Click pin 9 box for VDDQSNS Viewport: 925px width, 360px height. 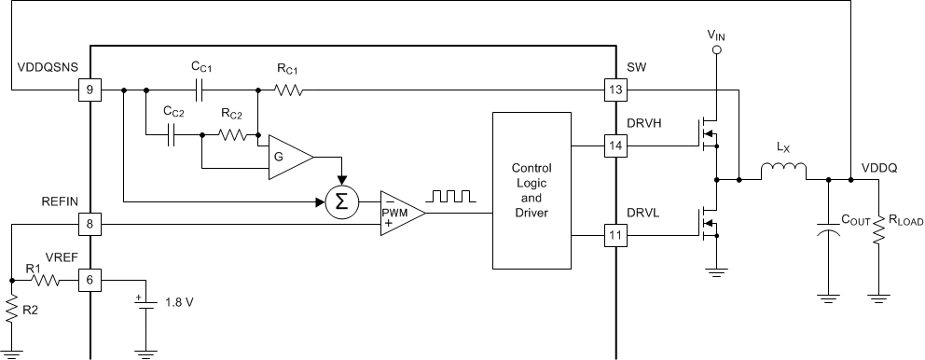point(90,90)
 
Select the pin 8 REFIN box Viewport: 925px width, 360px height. point(90,224)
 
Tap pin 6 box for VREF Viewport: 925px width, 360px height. point(90,279)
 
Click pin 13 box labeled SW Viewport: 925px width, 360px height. point(615,90)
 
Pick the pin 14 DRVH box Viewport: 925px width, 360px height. point(615,145)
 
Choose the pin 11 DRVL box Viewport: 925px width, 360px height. point(615,237)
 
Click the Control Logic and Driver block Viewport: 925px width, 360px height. point(532,192)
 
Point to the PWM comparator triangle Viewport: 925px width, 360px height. point(399,214)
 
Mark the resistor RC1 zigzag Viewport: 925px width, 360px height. point(287,90)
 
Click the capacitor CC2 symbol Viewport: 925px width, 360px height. point(173,136)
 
